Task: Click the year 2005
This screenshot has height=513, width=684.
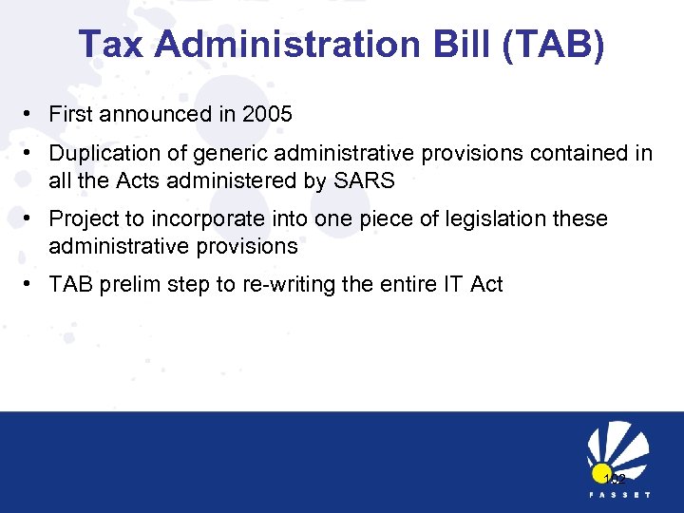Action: tap(267, 115)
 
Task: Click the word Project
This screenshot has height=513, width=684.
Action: tap(84, 219)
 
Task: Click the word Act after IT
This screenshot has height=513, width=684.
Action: tap(486, 284)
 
